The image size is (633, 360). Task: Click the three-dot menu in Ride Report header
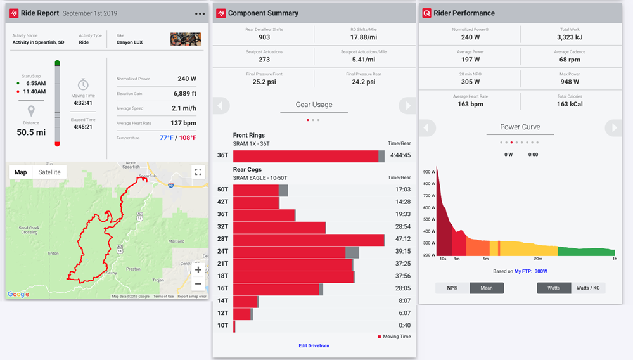point(200,13)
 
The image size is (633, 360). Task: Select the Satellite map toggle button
point(49,172)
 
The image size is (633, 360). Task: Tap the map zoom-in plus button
point(198,270)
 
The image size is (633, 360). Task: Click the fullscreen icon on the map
point(198,172)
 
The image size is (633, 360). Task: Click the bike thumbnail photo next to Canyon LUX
point(186,39)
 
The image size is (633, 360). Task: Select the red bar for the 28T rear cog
point(309,240)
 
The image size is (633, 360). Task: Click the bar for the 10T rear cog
point(234,326)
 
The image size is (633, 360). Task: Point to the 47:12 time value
point(402,240)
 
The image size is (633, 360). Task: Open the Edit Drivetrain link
point(314,345)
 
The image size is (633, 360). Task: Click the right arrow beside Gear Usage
point(407,105)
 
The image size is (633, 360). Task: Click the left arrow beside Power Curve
point(427,128)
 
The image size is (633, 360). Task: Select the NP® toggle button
point(452,288)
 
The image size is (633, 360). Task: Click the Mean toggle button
point(487,288)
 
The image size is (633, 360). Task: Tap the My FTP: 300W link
point(530,271)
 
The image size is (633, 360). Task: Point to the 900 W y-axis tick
point(428,171)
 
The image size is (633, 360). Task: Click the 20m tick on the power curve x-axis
point(538,259)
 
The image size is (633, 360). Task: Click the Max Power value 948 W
point(570,81)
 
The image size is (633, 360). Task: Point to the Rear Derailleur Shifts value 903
point(264,37)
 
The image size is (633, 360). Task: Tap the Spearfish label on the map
point(148,176)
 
